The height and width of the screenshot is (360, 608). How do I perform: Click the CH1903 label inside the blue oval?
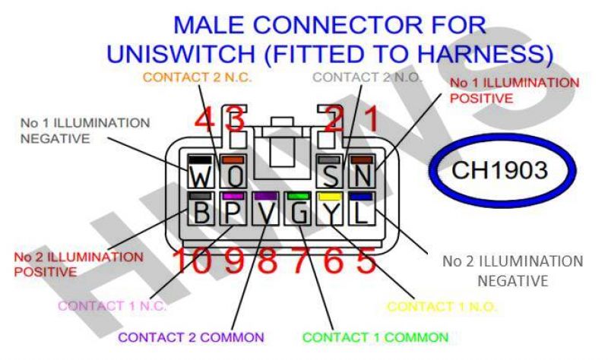(499, 170)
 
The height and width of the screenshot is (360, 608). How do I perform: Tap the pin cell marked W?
(201, 173)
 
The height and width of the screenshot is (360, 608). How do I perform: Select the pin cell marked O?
(235, 173)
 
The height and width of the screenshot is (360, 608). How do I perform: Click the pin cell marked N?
(363, 173)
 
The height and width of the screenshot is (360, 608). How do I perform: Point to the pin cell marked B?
(201, 210)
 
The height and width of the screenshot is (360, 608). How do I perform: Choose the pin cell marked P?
(234, 210)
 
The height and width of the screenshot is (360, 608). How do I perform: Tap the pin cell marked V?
(266, 210)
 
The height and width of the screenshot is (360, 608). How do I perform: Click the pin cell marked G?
(299, 210)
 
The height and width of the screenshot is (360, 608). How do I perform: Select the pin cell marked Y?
(331, 210)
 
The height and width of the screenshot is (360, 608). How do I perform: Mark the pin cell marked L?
(362, 210)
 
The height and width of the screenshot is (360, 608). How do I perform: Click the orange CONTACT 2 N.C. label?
(198, 77)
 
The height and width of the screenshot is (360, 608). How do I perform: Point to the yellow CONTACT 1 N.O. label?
(442, 307)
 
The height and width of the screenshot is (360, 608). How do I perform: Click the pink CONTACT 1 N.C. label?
(112, 306)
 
